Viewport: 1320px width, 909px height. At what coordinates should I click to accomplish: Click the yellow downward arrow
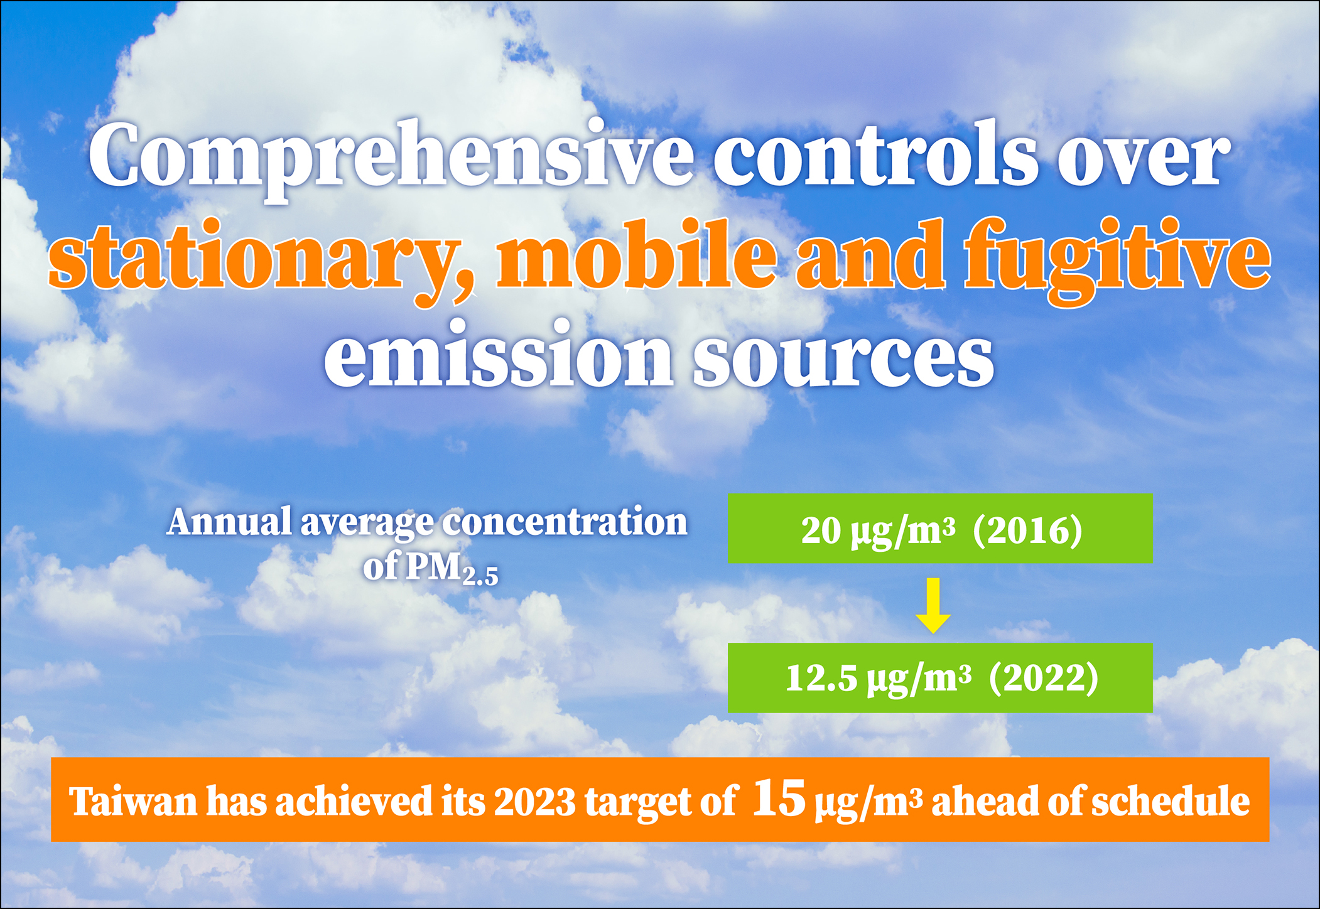933,605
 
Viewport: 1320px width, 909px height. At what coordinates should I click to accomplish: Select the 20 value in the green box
820,530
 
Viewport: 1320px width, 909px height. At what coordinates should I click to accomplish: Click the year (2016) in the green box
1028,531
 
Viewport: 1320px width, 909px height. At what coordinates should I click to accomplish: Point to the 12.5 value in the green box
821,679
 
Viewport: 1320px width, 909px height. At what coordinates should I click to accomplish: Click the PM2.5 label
452,568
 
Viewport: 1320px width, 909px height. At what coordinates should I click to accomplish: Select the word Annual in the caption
230,522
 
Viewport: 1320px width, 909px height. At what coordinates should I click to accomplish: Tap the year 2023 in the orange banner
534,802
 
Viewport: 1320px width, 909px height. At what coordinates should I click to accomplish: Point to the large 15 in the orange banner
779,798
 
